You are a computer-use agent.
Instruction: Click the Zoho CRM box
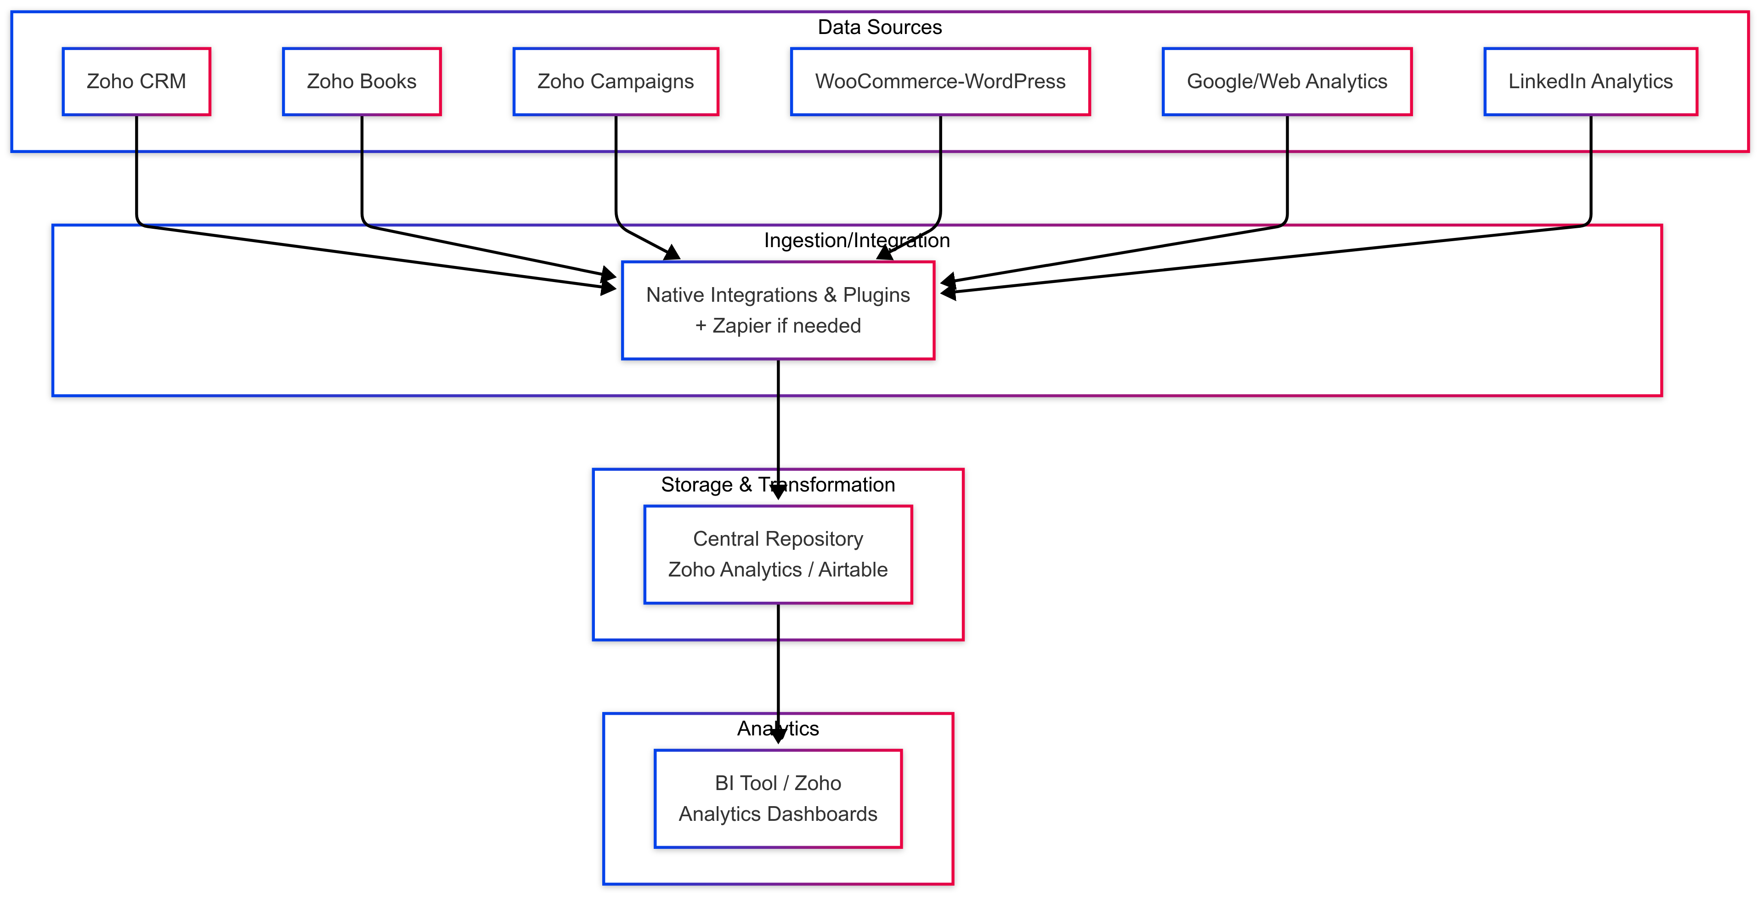pyautogui.click(x=136, y=81)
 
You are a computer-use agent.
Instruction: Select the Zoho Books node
pyautogui.click(x=362, y=81)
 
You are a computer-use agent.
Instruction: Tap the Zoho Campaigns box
pyautogui.click(x=616, y=81)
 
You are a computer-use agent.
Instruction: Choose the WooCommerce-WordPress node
pyautogui.click(x=940, y=81)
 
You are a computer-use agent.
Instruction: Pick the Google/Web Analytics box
pyautogui.click(x=1287, y=81)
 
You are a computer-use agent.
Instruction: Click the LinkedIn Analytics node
pyautogui.click(x=1590, y=81)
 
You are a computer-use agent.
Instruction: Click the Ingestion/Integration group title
pyautogui.click(x=857, y=240)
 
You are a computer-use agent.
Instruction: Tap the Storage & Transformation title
pyautogui.click(x=777, y=485)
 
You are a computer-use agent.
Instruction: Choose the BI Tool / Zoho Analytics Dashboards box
pyautogui.click(x=778, y=799)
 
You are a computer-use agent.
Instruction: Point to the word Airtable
pyautogui.click(x=853, y=570)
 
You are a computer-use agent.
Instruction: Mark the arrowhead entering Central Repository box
pyautogui.click(x=778, y=492)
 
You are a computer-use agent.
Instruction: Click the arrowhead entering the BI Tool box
pyautogui.click(x=778, y=736)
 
